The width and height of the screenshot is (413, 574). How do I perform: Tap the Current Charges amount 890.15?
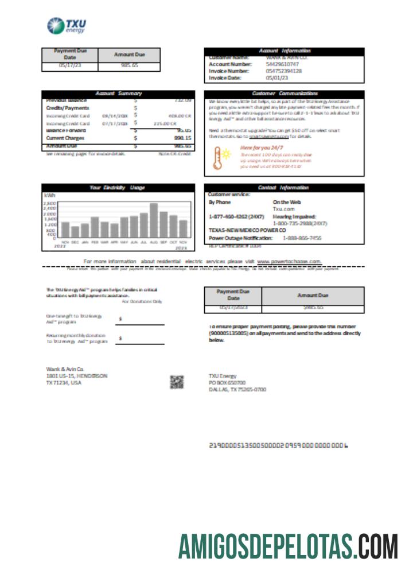coord(181,138)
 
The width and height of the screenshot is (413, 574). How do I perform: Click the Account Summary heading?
coord(118,93)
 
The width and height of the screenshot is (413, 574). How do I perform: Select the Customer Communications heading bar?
coord(285,93)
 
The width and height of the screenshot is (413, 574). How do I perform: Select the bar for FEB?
coord(95,227)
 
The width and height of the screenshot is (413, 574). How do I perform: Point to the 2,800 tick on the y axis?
coord(50,203)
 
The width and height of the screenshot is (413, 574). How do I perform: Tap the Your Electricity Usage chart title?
coord(118,187)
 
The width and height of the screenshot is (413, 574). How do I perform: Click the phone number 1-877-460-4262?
coord(231,216)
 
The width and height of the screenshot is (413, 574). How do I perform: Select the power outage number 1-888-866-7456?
coord(301,237)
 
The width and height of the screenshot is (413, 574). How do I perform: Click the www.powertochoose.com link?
coord(289,261)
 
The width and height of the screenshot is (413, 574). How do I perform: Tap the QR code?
coord(177,382)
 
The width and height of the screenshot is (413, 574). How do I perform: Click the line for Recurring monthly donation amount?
coord(140,344)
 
